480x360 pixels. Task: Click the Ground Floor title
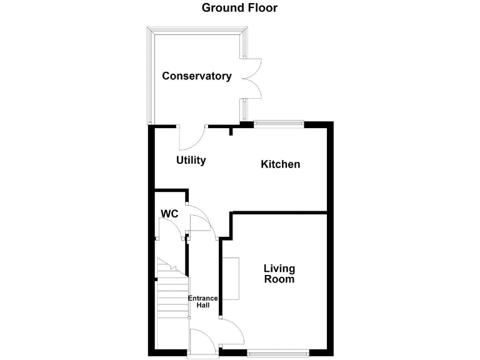239,8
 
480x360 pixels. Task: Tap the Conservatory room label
197,76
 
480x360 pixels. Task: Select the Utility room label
191,161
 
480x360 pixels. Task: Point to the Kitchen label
280,164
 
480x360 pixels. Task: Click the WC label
170,214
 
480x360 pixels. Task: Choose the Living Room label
279,274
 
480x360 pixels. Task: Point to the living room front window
277,353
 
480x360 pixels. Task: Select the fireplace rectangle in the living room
230,278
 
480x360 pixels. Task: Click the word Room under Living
279,279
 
